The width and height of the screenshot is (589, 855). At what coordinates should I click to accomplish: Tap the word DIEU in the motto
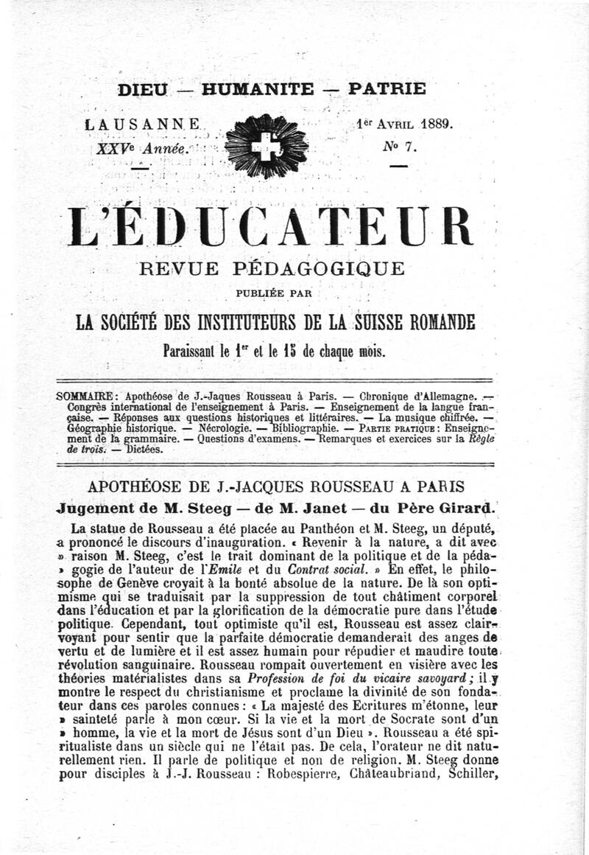pyautogui.click(x=144, y=89)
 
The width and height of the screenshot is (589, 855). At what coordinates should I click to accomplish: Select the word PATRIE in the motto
pyautogui.click(x=387, y=88)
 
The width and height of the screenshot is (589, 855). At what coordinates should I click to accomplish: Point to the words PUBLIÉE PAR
pyautogui.click(x=274, y=293)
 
